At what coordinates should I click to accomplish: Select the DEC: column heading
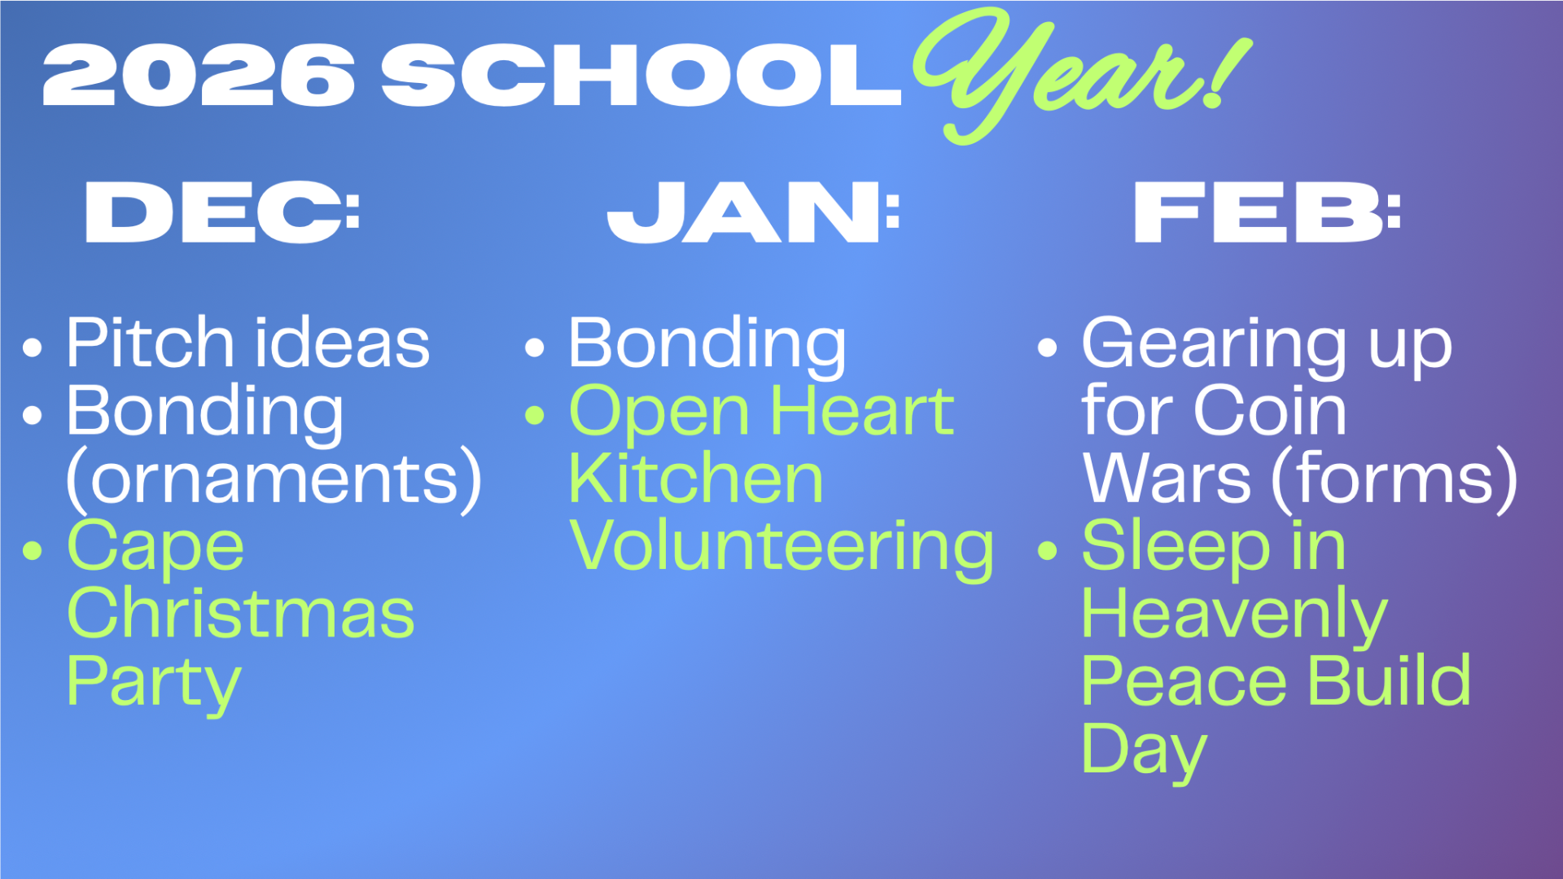[222, 212]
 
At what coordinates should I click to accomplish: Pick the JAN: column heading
[753, 212]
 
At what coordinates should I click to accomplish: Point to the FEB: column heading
[1267, 212]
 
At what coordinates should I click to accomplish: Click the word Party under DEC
[154, 684]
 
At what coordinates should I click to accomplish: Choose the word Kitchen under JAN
[696, 478]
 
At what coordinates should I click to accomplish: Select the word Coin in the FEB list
[1270, 410]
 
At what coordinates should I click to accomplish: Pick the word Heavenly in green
[1234, 617]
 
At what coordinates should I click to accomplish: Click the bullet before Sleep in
[1048, 551]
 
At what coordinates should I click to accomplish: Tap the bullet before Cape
[33, 551]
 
